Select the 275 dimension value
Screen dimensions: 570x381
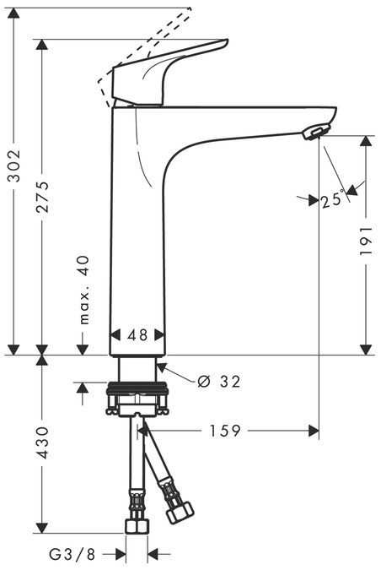[42, 196]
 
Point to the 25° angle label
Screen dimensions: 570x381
[331, 200]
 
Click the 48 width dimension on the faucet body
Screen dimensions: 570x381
[137, 334]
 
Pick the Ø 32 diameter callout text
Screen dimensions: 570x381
[218, 382]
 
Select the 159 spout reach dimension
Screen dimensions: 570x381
[224, 432]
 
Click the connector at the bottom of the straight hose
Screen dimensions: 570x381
[135, 525]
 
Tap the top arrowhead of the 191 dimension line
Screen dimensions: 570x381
[365, 140]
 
